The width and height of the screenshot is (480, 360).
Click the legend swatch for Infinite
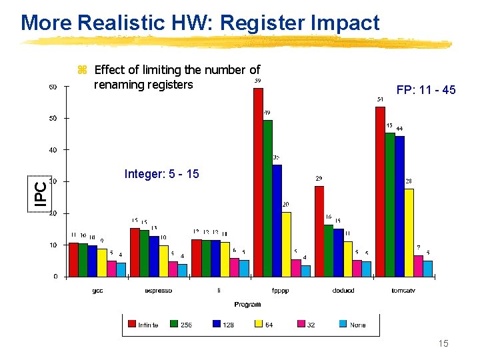click(131, 325)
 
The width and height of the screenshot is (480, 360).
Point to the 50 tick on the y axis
click(53, 118)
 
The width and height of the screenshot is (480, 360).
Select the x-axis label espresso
click(158, 291)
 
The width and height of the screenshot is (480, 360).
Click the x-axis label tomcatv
click(404, 291)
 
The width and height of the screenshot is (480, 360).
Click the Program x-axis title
click(247, 304)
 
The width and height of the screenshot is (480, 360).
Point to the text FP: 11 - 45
click(425, 90)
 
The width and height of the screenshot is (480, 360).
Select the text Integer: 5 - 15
click(161, 174)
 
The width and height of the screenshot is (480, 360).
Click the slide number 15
click(443, 343)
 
